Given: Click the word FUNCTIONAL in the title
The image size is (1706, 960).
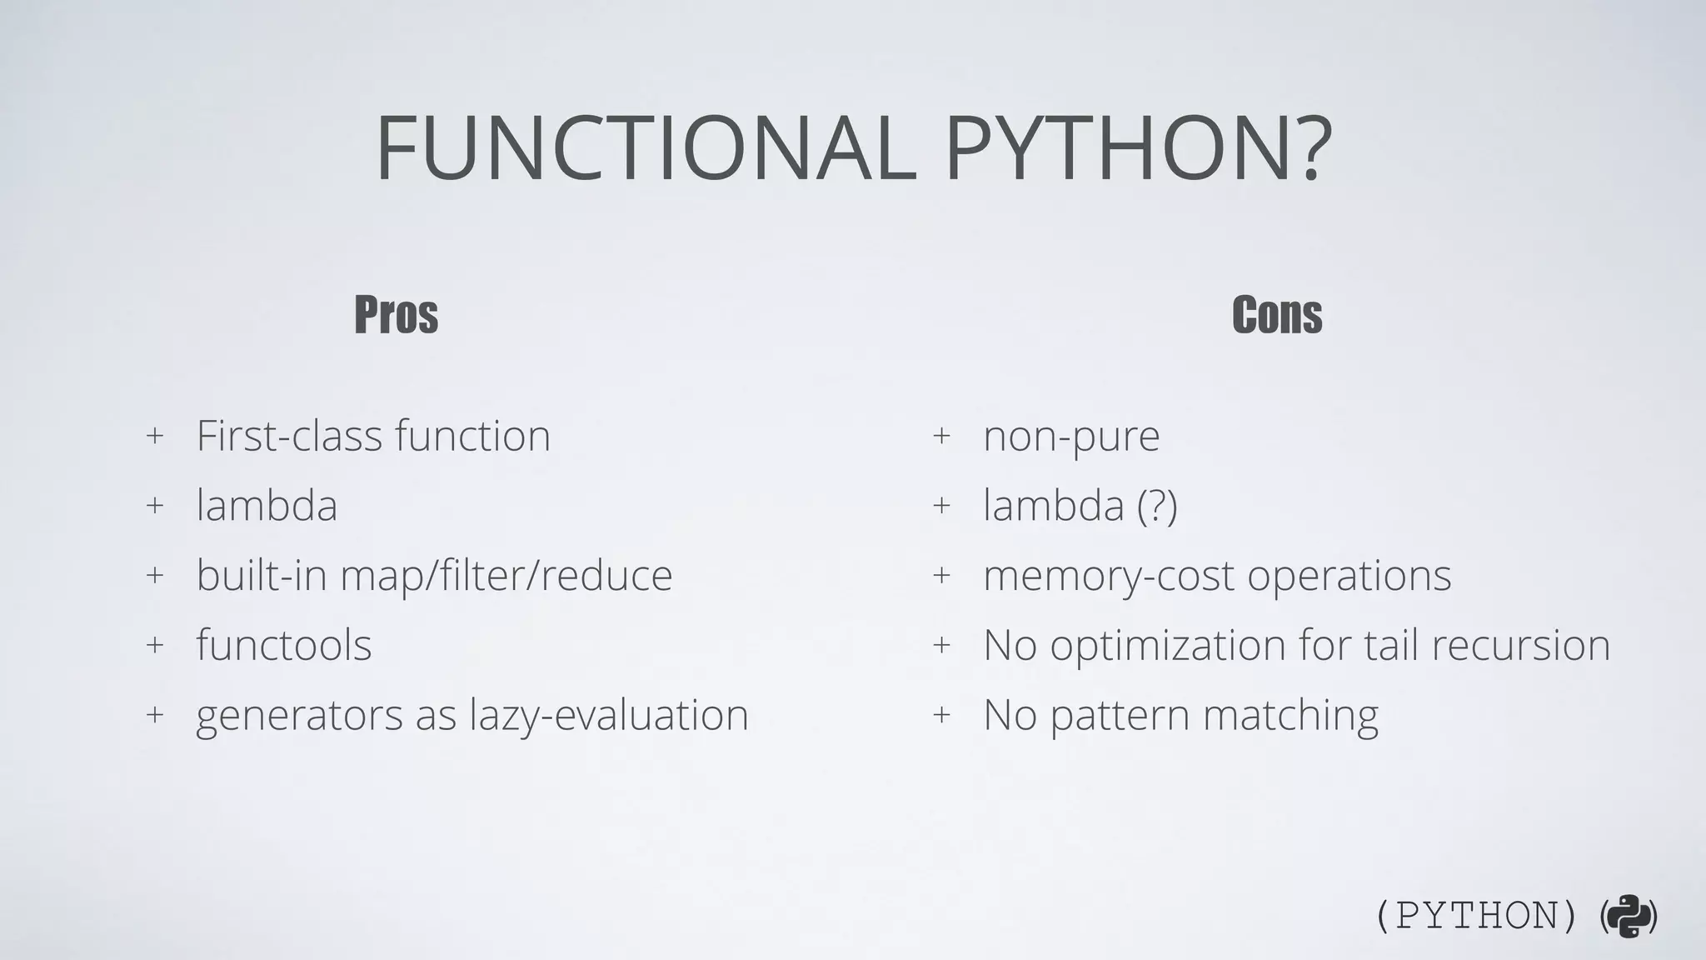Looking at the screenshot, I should tap(646, 149).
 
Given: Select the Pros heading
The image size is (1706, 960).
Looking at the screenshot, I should tap(396, 315).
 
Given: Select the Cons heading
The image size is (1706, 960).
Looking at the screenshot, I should tap(1276, 315).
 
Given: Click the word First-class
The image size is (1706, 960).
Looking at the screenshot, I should tap(289, 436).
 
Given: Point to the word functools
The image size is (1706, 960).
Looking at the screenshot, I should tap(284, 645).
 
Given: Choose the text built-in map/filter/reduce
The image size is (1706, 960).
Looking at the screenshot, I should tap(434, 576).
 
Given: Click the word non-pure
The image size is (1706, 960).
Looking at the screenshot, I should tap(1071, 437).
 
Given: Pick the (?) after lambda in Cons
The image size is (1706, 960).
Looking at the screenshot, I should tap(1157, 506).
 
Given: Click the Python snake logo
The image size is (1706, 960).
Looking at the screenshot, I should tap(1629, 917).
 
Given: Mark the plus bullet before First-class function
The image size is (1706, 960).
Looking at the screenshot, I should tap(154, 436).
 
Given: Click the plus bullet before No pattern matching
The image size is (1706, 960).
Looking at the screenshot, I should tap(941, 715).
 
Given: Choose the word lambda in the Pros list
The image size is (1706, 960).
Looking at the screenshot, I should tap(267, 506).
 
